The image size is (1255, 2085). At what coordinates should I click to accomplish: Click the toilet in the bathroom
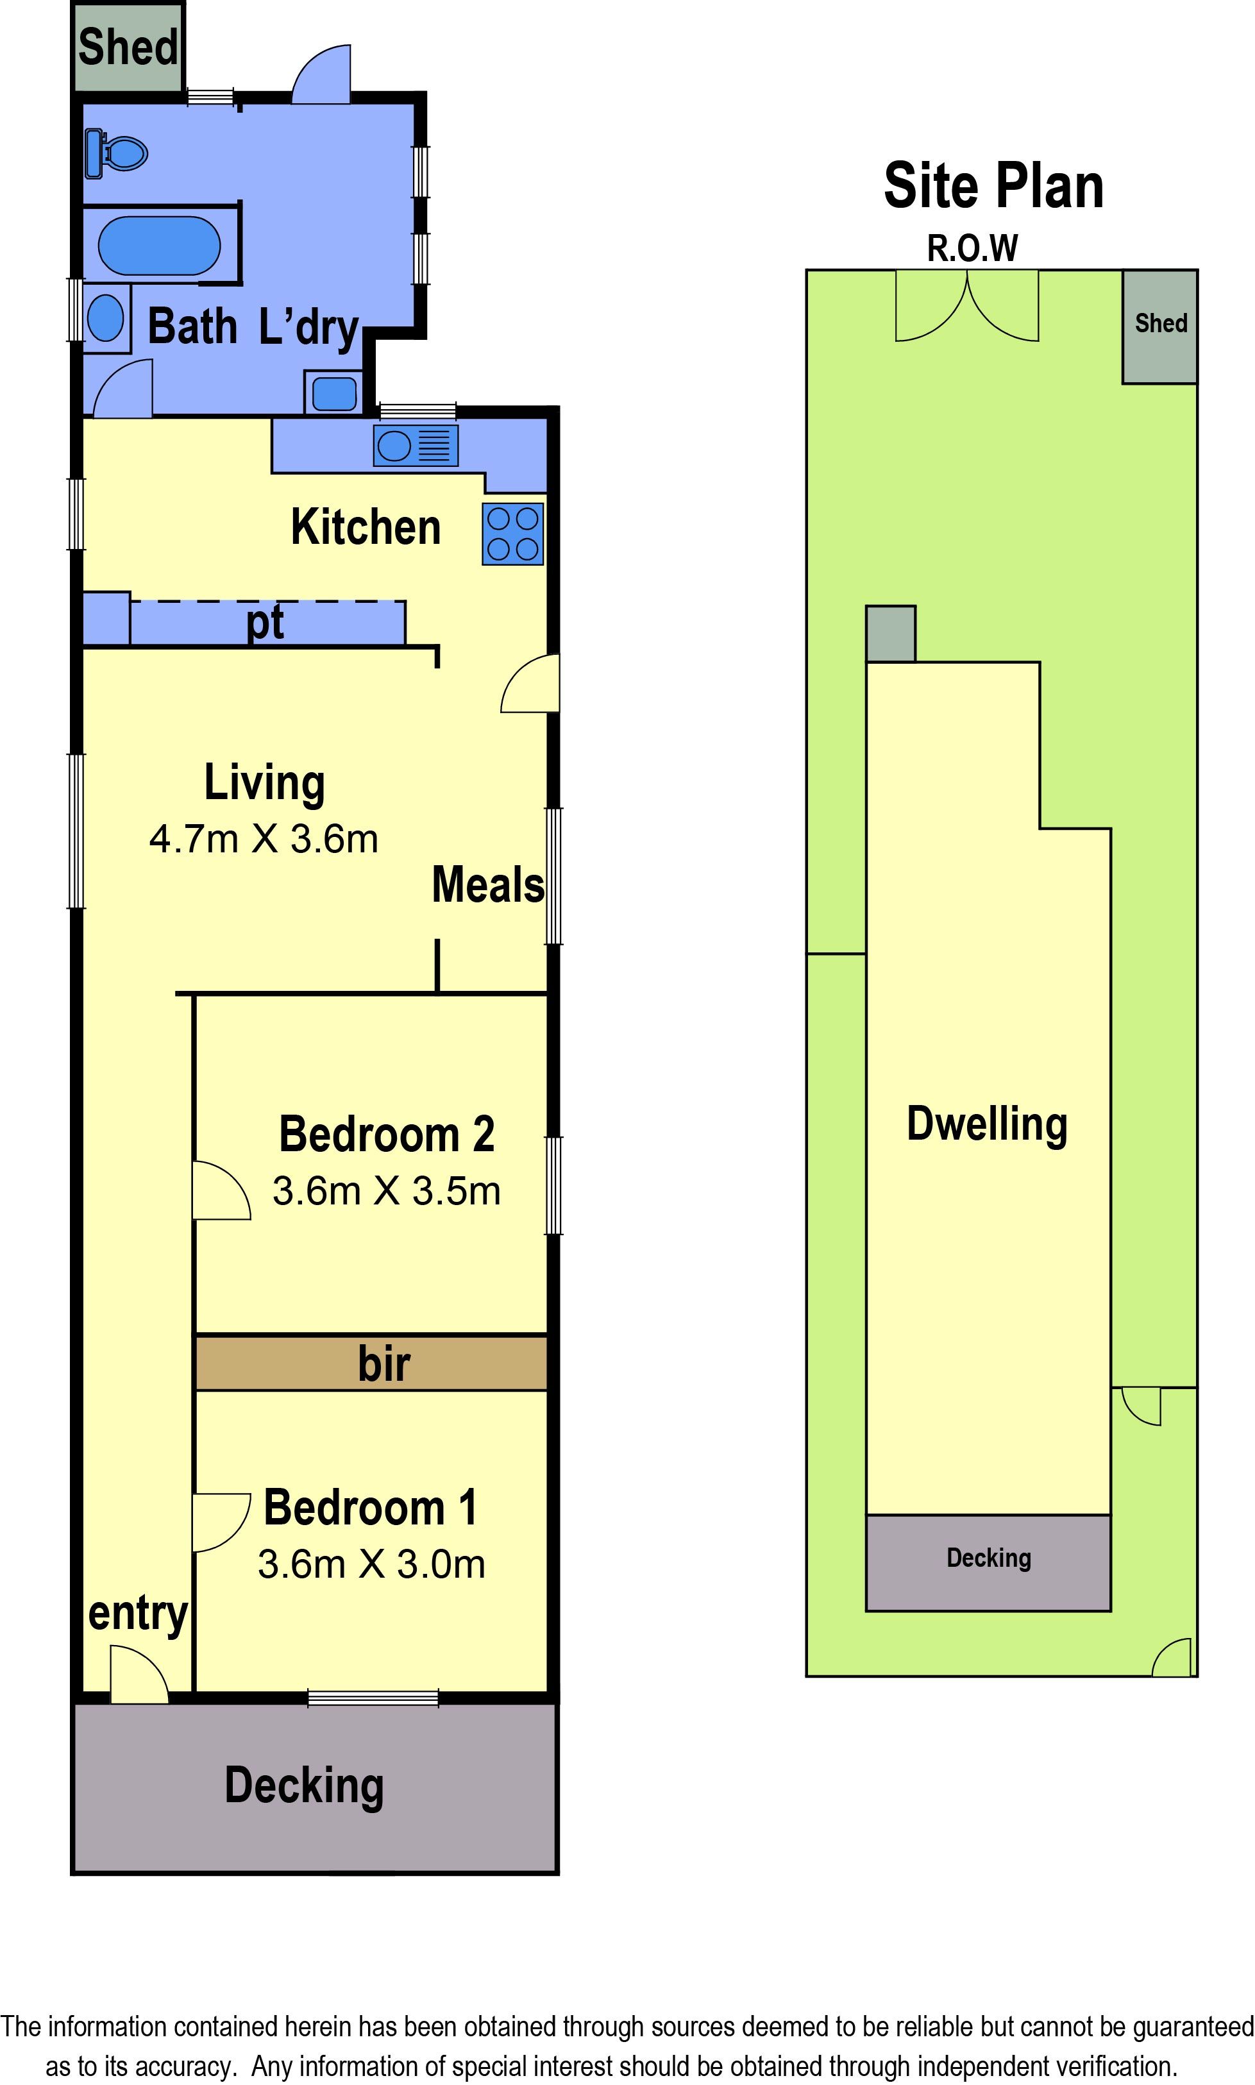[116, 153]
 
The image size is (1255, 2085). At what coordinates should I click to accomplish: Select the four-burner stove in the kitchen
[512, 534]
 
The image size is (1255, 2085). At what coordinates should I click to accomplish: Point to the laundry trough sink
[334, 393]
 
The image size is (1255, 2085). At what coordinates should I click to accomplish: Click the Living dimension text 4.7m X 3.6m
[264, 840]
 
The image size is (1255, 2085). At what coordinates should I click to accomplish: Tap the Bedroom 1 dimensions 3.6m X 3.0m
[372, 1564]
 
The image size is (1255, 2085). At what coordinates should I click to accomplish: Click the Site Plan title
[994, 186]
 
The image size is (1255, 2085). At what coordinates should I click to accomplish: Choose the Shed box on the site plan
[1159, 326]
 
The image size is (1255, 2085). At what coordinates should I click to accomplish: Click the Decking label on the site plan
[989, 1557]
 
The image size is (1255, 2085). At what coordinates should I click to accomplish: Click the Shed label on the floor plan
[128, 47]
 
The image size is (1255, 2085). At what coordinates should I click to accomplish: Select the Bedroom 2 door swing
[222, 1190]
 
